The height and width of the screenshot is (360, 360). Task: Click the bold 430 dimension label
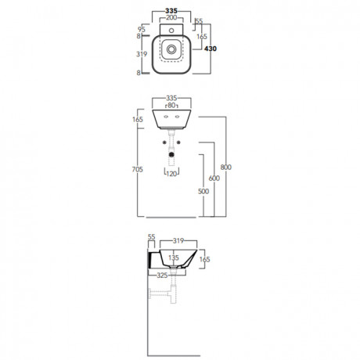pos(211,49)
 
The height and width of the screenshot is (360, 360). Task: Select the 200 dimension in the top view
pos(171,18)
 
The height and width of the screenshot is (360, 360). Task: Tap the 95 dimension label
pos(142,29)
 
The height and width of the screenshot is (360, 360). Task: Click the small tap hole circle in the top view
pos(171,31)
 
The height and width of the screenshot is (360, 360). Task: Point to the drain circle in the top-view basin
pos(171,49)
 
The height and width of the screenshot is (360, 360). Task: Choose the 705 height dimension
pos(138,170)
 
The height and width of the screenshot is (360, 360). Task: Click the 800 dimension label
pos(226,167)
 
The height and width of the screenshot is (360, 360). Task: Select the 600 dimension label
pos(214,178)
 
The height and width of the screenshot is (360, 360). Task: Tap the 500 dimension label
pos(203,192)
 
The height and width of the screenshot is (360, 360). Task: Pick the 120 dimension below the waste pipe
pos(171,174)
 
